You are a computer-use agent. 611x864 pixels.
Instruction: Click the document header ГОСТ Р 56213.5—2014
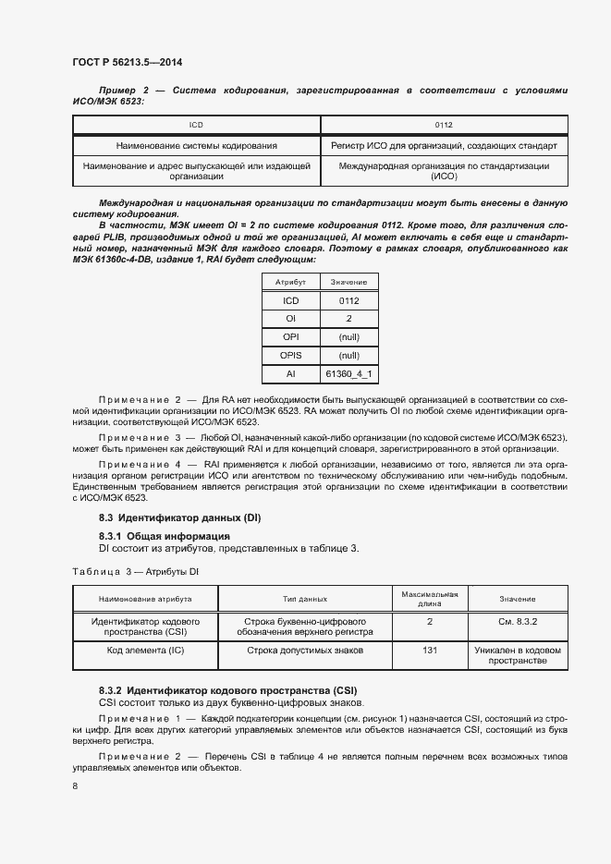tap(127, 63)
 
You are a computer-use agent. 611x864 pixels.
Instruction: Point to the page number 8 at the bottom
tap(75, 785)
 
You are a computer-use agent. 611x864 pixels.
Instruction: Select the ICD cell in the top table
tap(196, 124)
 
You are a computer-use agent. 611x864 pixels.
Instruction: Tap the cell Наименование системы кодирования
tap(196, 146)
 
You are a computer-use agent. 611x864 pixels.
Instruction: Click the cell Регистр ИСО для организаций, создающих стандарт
tap(444, 146)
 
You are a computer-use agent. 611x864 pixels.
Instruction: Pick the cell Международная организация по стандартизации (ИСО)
tap(444, 171)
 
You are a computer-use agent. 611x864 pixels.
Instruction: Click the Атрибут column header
tap(290, 281)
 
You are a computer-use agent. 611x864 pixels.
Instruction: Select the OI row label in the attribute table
tap(290, 318)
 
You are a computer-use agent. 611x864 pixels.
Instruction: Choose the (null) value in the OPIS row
tap(348, 355)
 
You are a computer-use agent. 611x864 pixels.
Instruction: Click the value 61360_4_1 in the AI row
tap(348, 373)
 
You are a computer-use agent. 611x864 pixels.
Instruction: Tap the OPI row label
tap(290, 336)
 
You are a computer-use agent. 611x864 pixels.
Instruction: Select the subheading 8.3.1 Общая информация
tap(165, 536)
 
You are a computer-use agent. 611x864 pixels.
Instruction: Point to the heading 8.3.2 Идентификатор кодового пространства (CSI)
tap(227, 690)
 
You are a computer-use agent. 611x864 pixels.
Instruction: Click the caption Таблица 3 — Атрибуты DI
tap(135, 572)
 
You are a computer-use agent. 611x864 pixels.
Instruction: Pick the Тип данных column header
tap(305, 599)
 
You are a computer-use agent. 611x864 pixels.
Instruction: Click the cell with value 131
tap(430, 651)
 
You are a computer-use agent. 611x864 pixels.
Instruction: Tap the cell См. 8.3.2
tap(518, 622)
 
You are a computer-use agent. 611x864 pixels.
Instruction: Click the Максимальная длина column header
tap(430, 599)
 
